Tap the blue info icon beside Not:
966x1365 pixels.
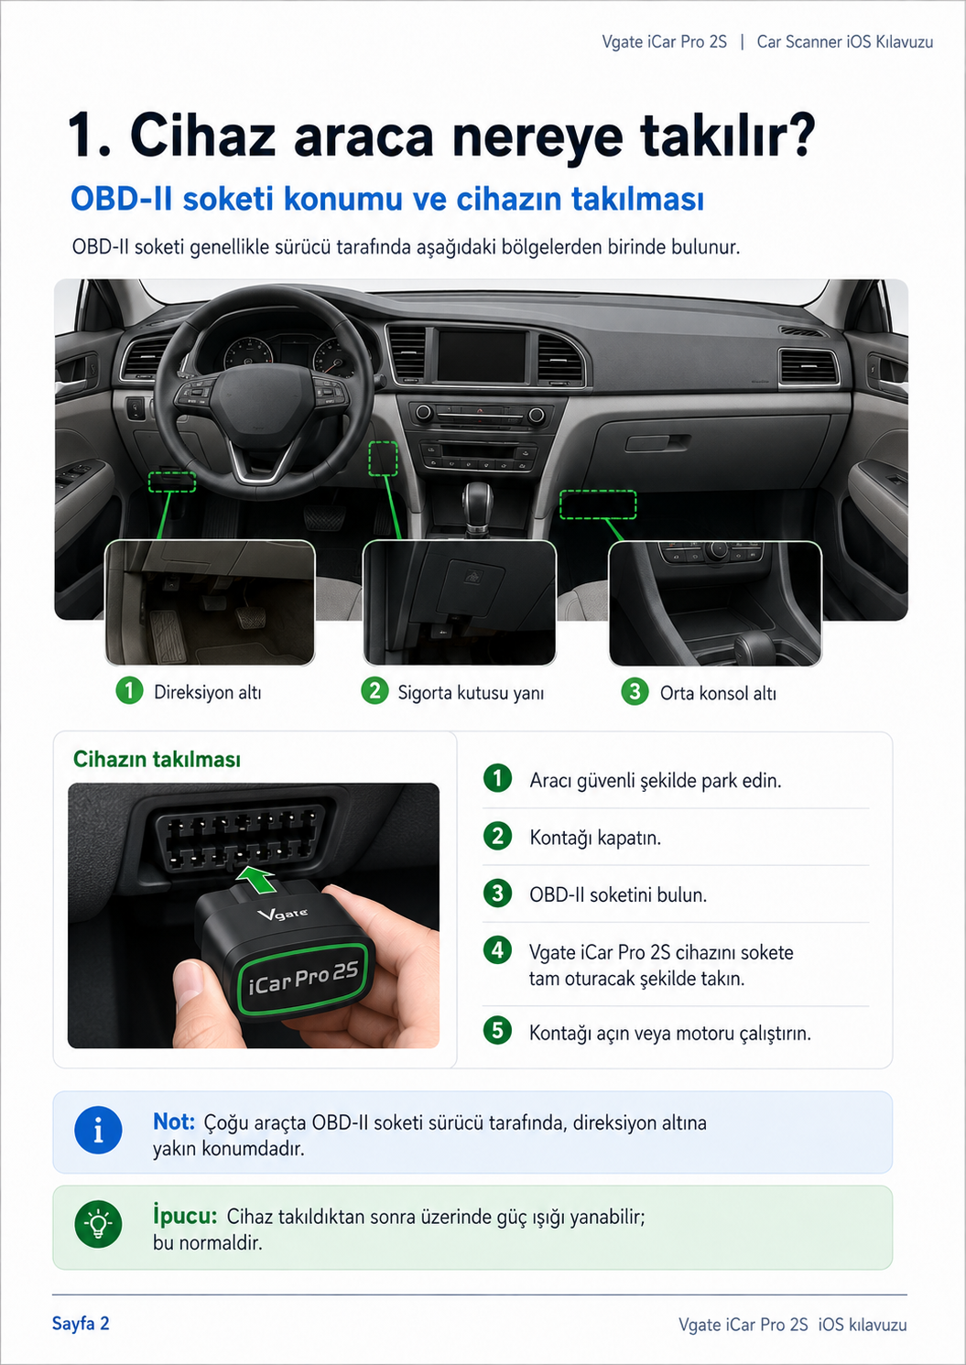(98, 1131)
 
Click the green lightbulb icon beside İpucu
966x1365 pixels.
(98, 1224)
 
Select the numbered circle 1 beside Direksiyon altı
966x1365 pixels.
(129, 690)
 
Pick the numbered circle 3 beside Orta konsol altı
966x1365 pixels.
(635, 691)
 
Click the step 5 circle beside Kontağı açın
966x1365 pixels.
(497, 1030)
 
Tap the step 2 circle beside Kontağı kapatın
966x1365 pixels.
(497, 836)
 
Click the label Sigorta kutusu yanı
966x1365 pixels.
(471, 693)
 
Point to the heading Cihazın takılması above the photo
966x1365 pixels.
(157, 759)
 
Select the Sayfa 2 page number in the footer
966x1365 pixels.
(81, 1324)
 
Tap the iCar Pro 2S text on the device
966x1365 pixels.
(303, 977)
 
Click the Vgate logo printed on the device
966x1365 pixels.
(282, 914)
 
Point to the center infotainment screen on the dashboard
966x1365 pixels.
(482, 356)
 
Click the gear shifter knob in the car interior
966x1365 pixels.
(476, 499)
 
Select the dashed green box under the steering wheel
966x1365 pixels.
(172, 482)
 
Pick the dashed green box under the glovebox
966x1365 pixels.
(598, 504)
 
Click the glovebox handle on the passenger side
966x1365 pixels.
(657, 442)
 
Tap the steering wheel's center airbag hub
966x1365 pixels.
(262, 403)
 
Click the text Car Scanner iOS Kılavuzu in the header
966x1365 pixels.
(845, 41)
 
